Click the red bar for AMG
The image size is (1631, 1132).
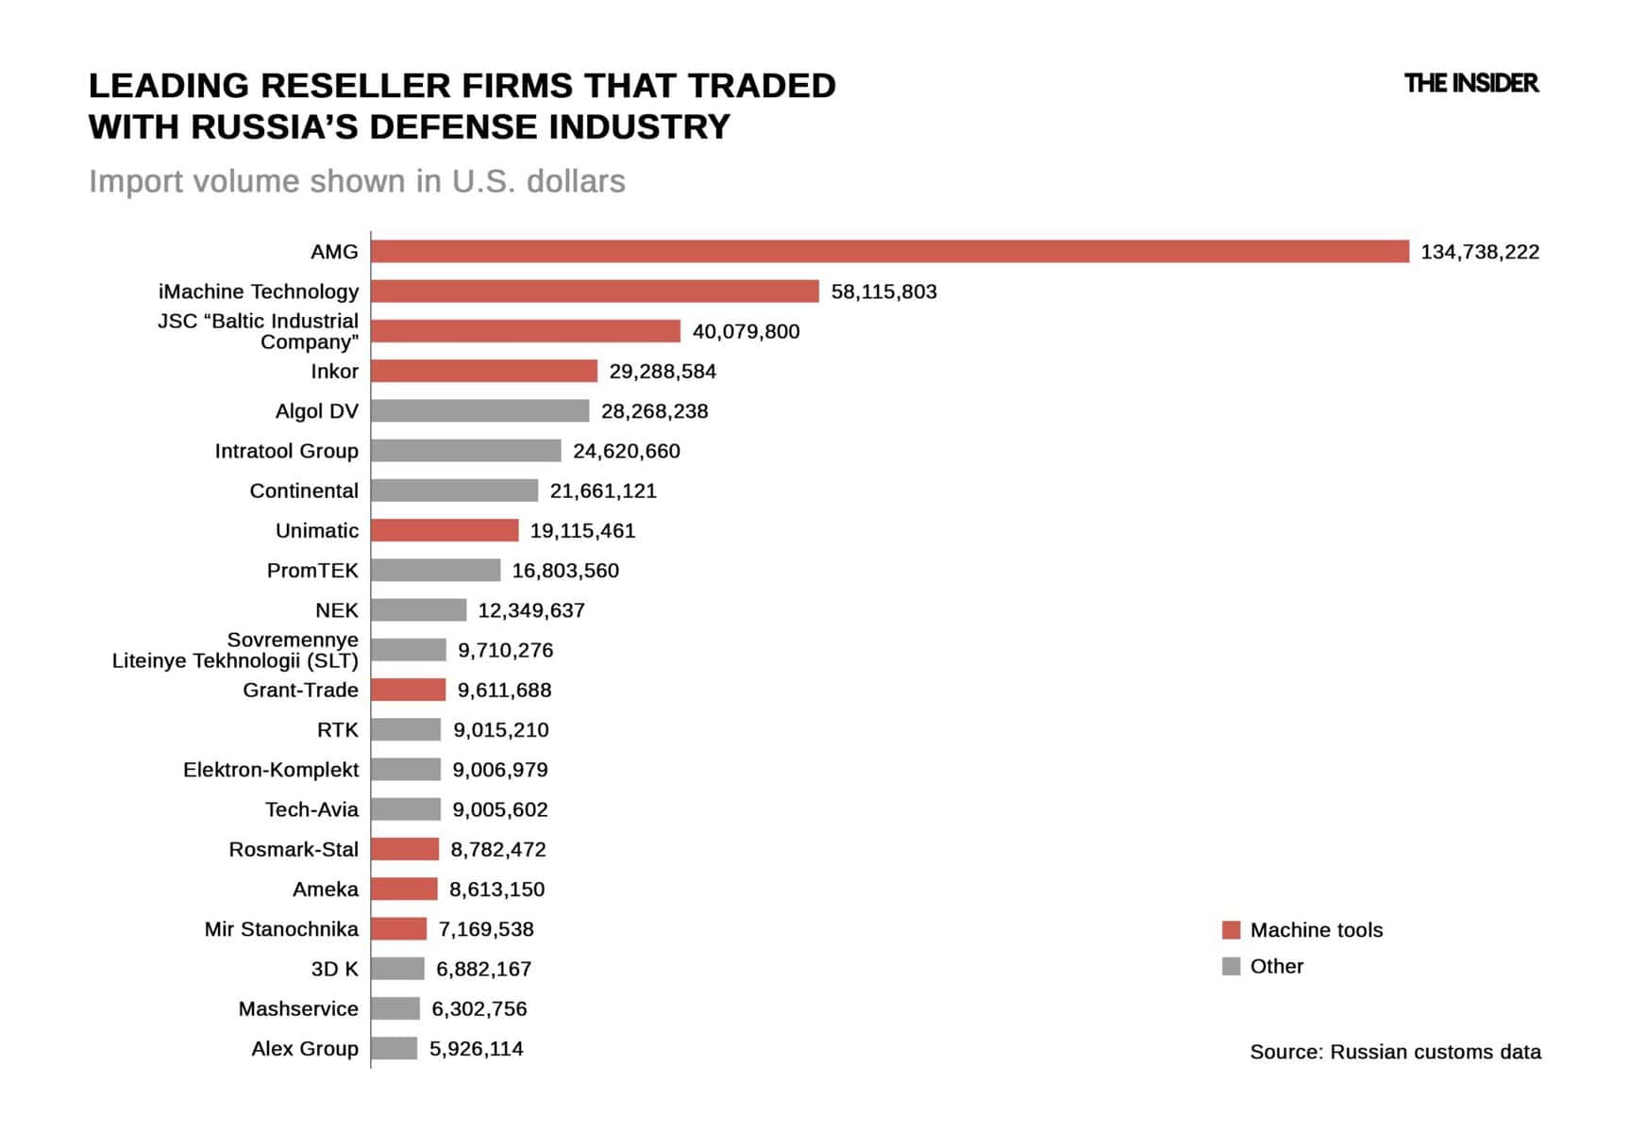pos(889,251)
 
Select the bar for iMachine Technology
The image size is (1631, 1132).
pos(595,291)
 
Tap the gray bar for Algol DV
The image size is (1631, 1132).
pos(479,410)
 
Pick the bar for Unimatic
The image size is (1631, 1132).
pos(445,530)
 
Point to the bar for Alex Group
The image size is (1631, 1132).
pos(394,1048)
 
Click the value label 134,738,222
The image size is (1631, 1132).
pos(1479,252)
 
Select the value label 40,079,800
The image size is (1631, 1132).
pos(746,331)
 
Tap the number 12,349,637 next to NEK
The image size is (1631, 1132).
pos(531,610)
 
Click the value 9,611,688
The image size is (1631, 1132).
pos(504,690)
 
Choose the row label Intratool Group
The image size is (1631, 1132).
pos(286,451)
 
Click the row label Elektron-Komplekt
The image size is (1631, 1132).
pos(271,770)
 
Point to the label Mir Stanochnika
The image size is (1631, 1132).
pos(281,929)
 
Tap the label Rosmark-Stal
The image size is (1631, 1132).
pos(294,849)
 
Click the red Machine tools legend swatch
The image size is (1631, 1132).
pos(1231,930)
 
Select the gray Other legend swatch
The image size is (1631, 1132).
pos(1231,966)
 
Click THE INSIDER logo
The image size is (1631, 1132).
pos(1471,83)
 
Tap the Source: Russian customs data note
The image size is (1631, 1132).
pos(1395,1052)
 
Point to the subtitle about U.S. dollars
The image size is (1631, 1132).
pos(357,181)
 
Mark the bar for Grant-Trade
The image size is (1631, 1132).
pos(408,690)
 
